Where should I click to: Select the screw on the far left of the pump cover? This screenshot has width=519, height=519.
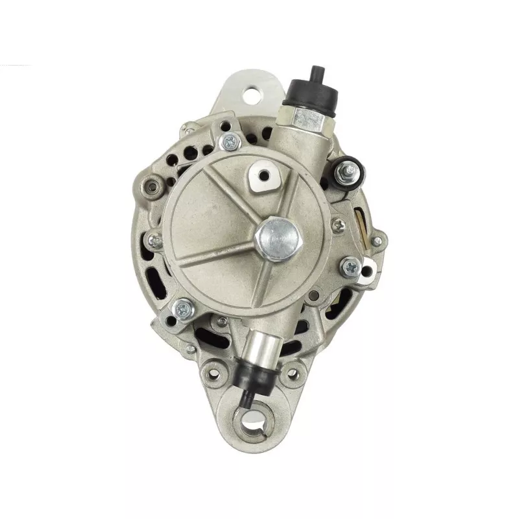(x=156, y=240)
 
